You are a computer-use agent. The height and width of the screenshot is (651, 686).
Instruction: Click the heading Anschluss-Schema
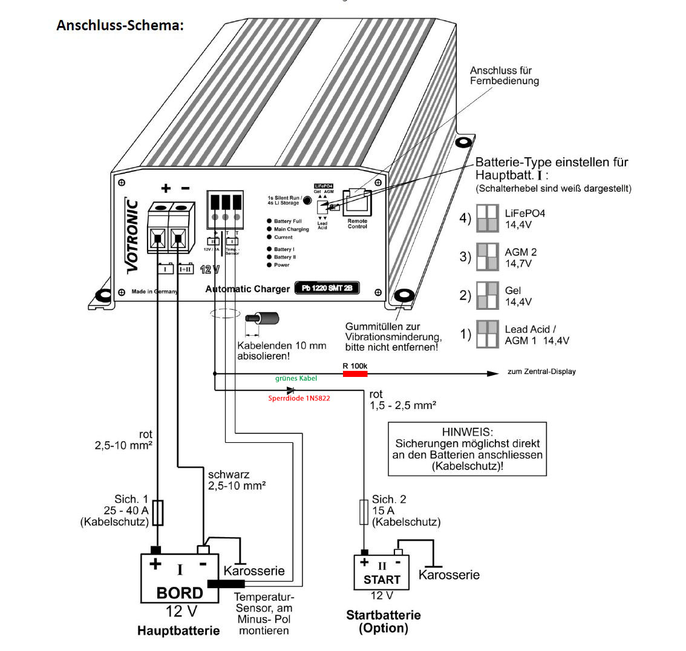119,26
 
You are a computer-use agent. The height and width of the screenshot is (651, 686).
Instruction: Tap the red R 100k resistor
354,374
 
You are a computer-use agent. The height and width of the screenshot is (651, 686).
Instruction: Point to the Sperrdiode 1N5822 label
299,399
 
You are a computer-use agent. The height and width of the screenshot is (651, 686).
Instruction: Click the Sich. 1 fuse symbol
157,512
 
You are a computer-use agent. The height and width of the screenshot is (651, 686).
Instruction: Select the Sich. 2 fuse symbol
364,512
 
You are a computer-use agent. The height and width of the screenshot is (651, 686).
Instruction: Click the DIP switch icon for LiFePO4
487,218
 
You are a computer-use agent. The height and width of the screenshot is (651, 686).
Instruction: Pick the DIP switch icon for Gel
487,296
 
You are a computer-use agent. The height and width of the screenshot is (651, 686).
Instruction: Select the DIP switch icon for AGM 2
487,257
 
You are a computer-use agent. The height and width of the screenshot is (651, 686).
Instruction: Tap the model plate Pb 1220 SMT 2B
327,288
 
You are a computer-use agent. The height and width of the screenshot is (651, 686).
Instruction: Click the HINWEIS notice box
466,448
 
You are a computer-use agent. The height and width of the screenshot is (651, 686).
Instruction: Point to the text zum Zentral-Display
541,371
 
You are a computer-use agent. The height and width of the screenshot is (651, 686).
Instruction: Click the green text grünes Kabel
296,378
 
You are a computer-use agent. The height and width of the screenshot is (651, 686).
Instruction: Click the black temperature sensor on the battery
226,584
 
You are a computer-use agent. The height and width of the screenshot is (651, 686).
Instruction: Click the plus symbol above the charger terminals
165,188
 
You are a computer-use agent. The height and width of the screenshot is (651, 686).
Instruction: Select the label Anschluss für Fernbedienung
504,76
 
